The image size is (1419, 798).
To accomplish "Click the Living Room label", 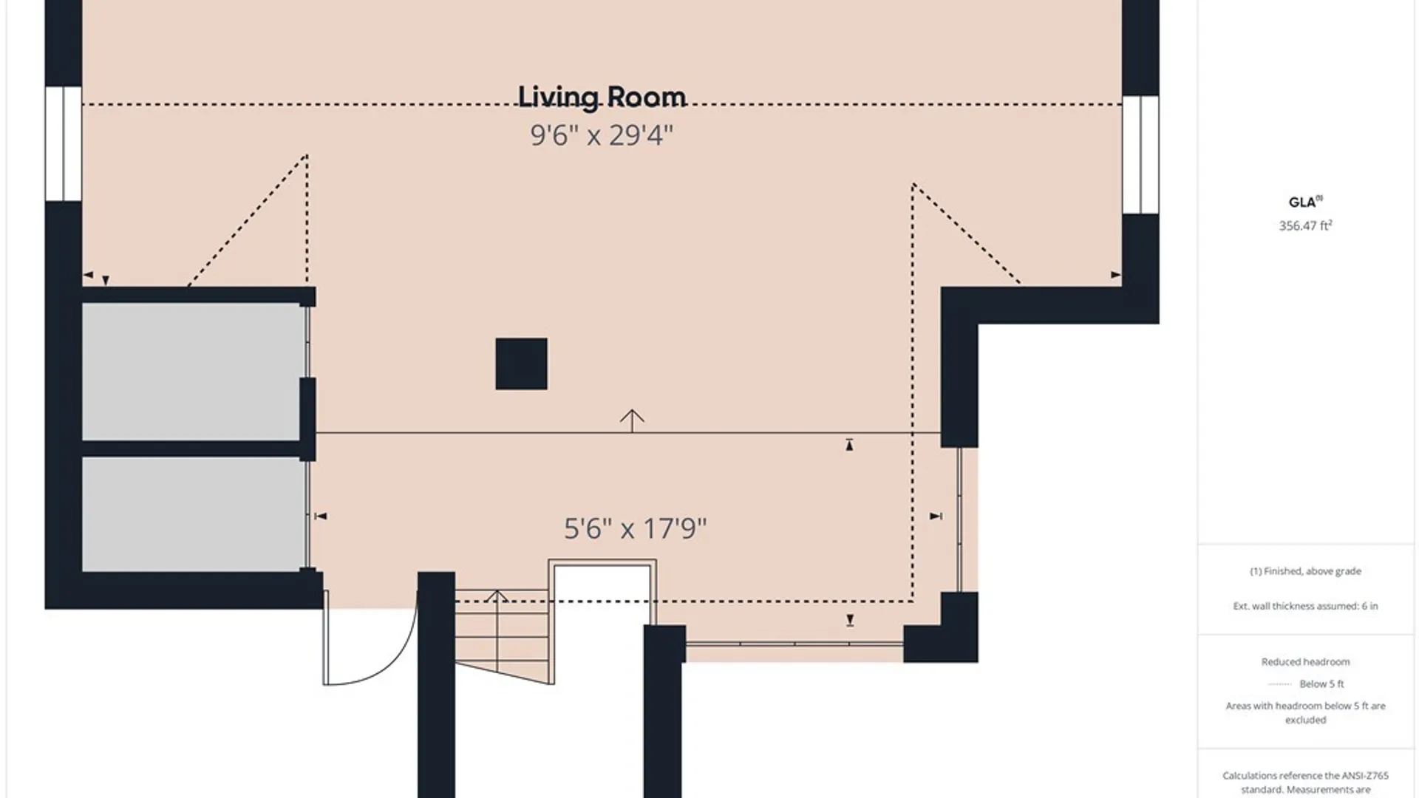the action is pos(602,97).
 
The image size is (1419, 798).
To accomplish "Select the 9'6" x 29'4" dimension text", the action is pos(602,135).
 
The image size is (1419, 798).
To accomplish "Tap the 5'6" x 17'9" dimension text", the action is pos(635,528).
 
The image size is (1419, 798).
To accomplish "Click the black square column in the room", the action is pos(521,364).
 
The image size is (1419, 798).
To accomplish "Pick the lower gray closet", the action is pos(192,514).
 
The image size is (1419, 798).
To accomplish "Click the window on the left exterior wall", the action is pos(64,144).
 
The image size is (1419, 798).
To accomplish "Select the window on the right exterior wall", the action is pos(1140,155).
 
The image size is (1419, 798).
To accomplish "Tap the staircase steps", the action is pos(502,635).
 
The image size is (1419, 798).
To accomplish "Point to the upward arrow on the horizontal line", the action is pos(632,420).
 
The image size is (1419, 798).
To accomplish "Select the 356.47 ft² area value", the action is pos(1305,225).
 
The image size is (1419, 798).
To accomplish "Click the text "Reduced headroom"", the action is pos(1305,662).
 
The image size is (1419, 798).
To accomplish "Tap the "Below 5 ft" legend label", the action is pos(1321,684).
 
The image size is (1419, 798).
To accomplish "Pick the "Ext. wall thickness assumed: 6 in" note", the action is pos(1305,606).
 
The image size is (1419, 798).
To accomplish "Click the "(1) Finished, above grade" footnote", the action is pos(1305,571).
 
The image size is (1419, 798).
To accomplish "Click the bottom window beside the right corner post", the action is pos(794,644).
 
